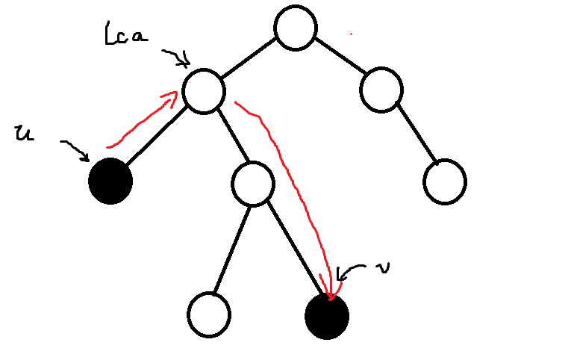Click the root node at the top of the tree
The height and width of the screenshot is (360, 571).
(296, 28)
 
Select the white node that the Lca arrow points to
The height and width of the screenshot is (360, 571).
(204, 91)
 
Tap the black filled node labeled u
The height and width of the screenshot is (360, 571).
(110, 181)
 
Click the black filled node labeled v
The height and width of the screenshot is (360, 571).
(327, 317)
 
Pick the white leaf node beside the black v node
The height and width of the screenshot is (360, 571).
(208, 315)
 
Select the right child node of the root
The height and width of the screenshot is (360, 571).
(381, 90)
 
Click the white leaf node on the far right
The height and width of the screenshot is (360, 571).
(445, 181)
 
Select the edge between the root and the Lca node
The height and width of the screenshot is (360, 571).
(250, 60)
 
